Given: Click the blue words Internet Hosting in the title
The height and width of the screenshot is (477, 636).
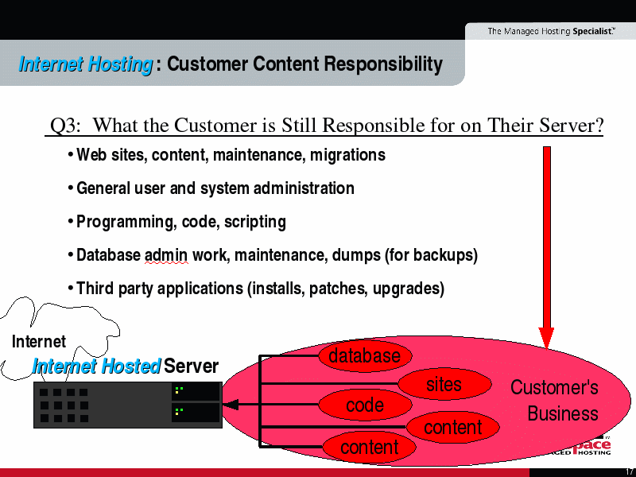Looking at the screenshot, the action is pyautogui.click(x=86, y=64).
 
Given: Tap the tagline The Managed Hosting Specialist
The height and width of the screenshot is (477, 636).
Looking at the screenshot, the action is pyautogui.click(x=551, y=31).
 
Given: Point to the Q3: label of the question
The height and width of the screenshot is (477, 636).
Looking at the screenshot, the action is pyautogui.click(x=65, y=126).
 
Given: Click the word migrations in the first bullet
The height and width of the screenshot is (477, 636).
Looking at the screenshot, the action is pyautogui.click(x=347, y=155).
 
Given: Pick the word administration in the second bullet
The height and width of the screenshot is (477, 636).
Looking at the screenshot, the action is pyautogui.click(x=304, y=188).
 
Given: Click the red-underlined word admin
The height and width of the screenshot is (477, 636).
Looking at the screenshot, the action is pyautogui.click(x=166, y=255).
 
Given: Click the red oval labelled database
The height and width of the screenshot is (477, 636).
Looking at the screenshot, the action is pyautogui.click(x=365, y=355).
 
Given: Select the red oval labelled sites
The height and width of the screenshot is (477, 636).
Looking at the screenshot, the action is pyautogui.click(x=444, y=384).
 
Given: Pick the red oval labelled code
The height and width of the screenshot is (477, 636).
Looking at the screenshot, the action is pyautogui.click(x=365, y=405).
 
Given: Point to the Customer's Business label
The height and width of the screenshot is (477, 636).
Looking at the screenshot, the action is pyautogui.click(x=554, y=401).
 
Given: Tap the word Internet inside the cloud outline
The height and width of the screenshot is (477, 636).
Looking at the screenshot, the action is pyautogui.click(x=39, y=342).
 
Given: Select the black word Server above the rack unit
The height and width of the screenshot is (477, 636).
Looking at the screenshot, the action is pyautogui.click(x=192, y=366).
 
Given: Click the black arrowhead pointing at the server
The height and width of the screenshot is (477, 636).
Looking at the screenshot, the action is pyautogui.click(x=231, y=405).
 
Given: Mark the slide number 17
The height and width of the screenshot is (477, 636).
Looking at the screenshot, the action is pyautogui.click(x=630, y=472).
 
